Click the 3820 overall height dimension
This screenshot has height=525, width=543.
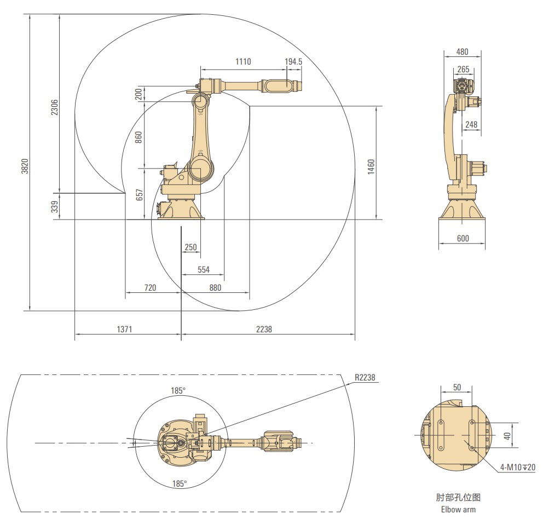point(25,166)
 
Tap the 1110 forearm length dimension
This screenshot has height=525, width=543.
point(243,62)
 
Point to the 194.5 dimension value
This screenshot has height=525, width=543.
point(293,62)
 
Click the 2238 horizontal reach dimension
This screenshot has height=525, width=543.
point(264,330)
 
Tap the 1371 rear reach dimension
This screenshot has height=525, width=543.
point(125,330)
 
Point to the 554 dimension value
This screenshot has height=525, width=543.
point(203,269)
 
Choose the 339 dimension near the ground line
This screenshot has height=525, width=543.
point(54,207)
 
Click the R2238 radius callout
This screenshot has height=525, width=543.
point(365,378)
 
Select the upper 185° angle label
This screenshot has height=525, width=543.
point(178,390)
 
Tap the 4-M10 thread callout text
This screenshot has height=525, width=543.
point(517,468)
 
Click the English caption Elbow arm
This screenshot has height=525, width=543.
point(458,510)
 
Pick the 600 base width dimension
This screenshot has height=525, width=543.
point(463,239)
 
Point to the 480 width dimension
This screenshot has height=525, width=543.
point(462,52)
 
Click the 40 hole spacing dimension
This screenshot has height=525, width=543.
point(506,436)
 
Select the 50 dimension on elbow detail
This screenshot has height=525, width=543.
point(457,387)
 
